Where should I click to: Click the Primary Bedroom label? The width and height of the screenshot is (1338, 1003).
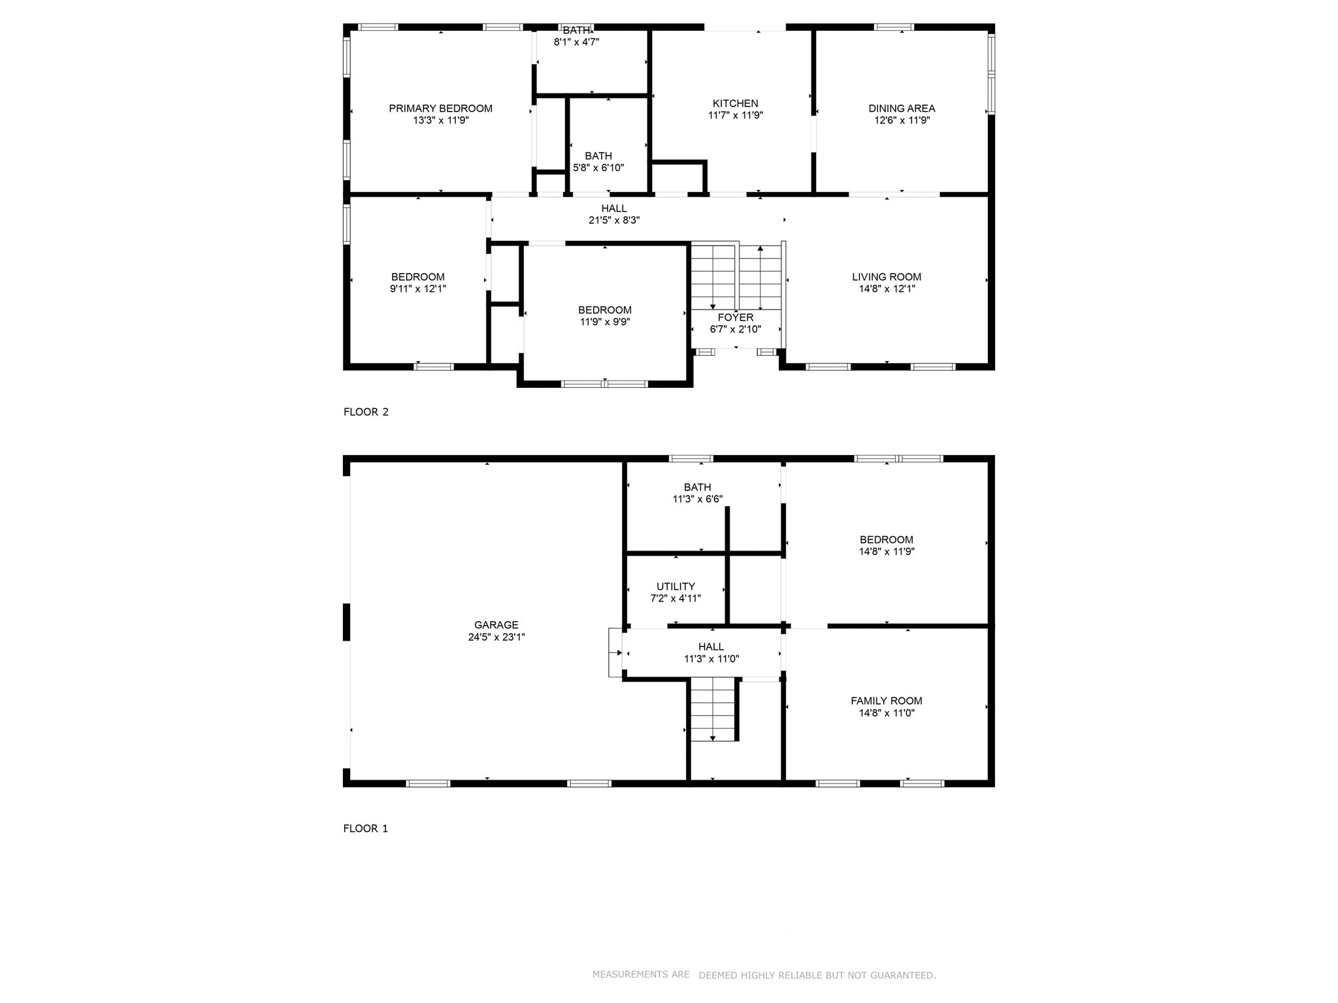point(440,108)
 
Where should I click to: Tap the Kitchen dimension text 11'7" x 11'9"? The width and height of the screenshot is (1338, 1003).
point(736,115)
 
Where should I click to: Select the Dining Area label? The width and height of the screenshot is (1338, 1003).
point(902,108)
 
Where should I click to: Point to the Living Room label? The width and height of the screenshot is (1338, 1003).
point(887,277)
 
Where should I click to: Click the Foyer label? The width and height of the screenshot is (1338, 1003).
point(736,317)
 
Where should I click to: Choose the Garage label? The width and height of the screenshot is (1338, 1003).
point(497,625)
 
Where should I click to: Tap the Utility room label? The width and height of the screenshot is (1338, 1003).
point(676,586)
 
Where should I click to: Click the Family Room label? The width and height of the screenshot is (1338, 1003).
point(887,701)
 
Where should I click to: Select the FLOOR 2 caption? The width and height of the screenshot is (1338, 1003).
point(366,412)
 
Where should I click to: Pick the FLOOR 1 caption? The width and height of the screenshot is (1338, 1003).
point(366,829)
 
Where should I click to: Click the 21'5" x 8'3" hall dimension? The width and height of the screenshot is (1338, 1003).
point(614,221)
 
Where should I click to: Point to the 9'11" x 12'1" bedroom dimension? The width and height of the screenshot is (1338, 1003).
point(418,289)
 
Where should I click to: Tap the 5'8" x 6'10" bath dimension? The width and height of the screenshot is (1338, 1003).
point(598,168)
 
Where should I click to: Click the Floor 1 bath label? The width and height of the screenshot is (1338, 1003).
point(698,487)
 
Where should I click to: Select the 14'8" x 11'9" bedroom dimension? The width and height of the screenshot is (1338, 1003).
point(887,552)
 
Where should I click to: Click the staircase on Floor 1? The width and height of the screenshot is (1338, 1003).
point(715,710)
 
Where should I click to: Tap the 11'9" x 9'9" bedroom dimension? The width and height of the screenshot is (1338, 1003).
point(605,322)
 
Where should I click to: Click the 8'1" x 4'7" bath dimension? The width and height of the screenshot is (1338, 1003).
point(577,42)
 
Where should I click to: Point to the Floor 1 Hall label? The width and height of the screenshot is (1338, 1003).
point(711,647)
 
